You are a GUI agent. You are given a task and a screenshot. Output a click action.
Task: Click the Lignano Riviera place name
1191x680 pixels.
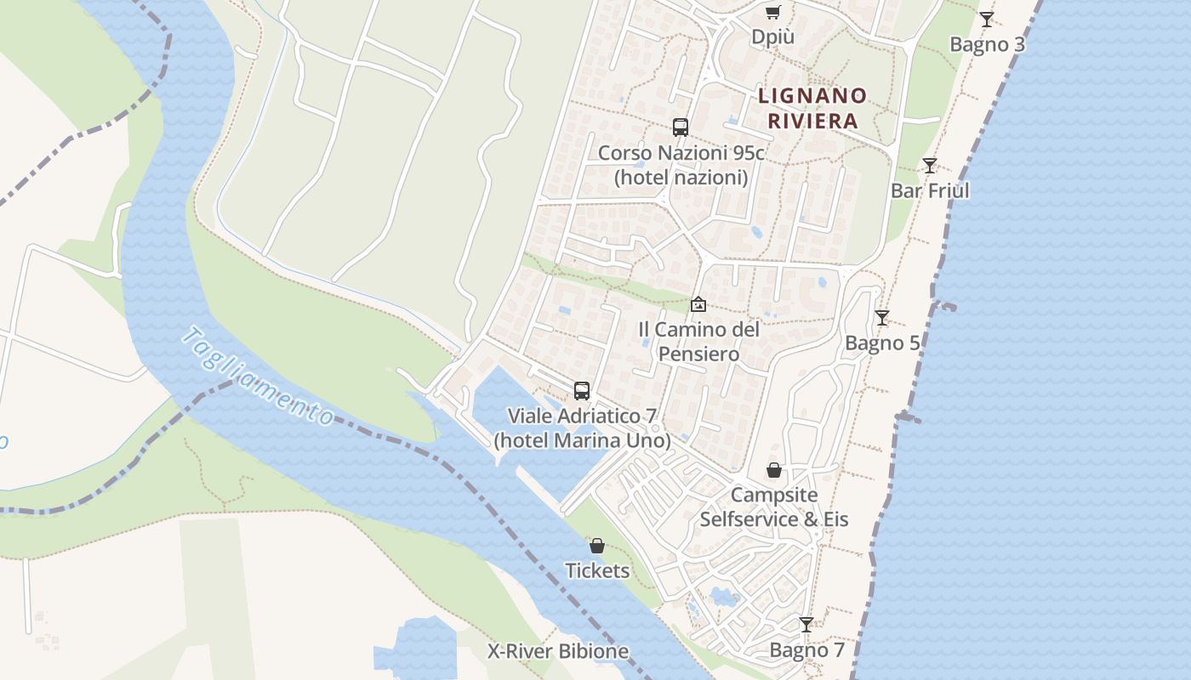(x=812, y=108)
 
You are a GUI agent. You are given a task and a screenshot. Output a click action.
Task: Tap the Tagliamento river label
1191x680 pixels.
(x=258, y=377)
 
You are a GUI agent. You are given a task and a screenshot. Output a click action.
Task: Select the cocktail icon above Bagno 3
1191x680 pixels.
(x=987, y=19)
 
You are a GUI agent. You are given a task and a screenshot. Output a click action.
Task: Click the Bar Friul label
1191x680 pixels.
(x=930, y=190)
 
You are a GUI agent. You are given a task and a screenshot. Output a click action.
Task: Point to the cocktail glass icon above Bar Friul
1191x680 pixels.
(x=930, y=165)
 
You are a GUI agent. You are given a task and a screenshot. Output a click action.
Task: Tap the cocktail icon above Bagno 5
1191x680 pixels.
(x=882, y=318)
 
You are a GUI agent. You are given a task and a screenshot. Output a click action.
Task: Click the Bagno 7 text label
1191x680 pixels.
(x=807, y=650)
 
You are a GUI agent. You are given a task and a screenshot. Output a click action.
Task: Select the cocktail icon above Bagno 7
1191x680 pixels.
(x=806, y=625)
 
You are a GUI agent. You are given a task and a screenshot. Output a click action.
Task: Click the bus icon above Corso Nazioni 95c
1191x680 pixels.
(x=681, y=127)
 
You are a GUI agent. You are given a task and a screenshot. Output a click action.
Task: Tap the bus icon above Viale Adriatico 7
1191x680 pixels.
(x=582, y=391)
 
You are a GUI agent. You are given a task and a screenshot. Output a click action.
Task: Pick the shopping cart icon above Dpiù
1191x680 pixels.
(x=772, y=12)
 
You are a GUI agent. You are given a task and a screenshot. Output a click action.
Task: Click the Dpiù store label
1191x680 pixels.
(x=772, y=37)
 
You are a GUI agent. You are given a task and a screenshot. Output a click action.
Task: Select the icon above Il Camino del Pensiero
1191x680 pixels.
(x=698, y=303)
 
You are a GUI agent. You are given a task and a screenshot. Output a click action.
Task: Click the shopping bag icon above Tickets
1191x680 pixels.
(x=597, y=546)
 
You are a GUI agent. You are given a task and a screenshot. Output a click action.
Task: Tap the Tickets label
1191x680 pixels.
(x=597, y=570)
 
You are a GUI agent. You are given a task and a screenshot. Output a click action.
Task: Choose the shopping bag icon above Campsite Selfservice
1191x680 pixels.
(x=774, y=470)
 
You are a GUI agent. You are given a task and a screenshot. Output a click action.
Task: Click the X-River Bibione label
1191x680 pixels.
(x=558, y=652)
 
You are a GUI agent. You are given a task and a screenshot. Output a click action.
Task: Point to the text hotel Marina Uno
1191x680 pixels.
(x=583, y=441)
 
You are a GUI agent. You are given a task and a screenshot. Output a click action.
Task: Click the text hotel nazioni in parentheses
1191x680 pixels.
(x=681, y=178)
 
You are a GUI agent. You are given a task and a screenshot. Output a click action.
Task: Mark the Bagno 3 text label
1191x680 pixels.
(x=987, y=44)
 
